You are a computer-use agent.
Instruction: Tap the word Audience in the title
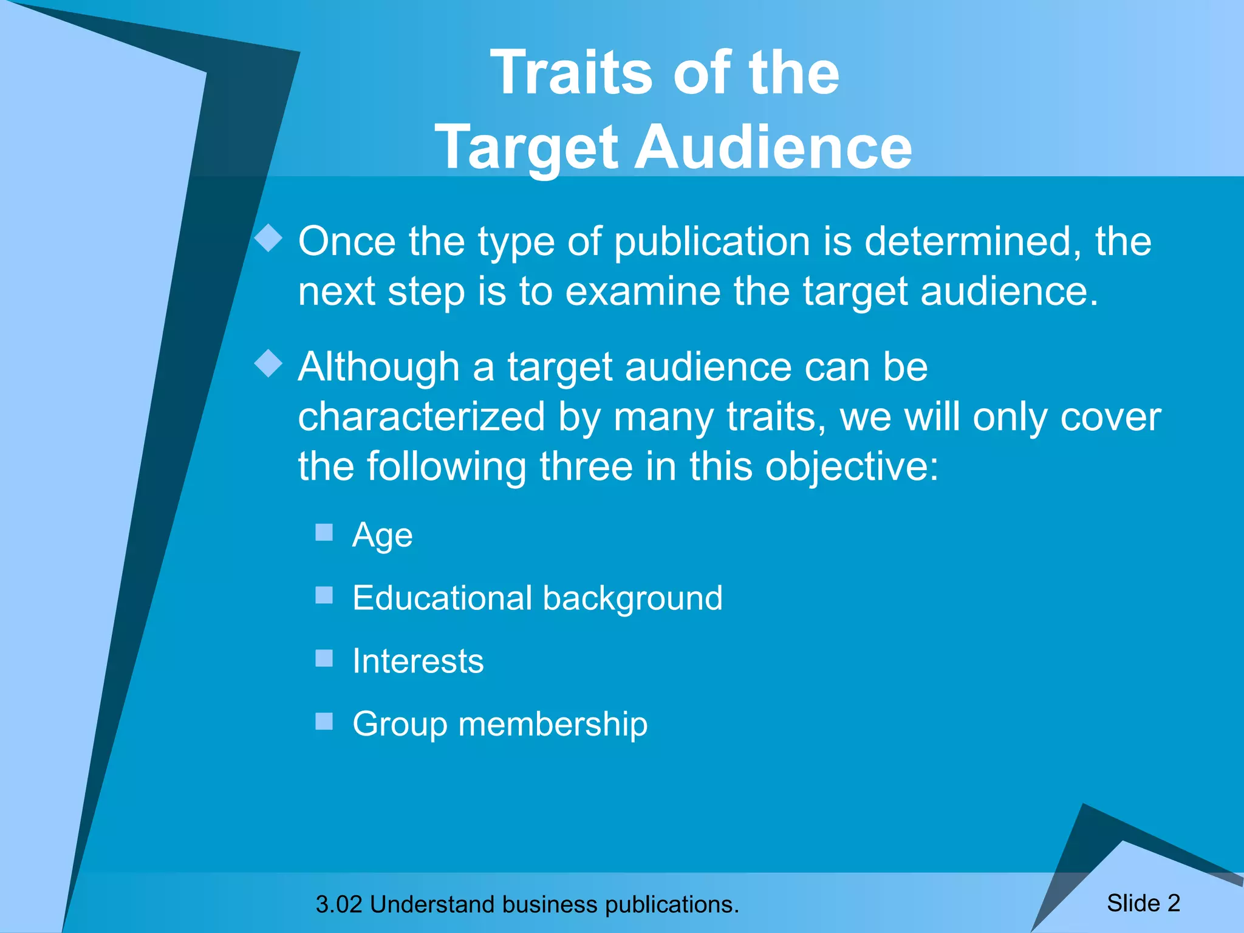pos(773,148)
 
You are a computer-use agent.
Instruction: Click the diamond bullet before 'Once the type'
pos(268,238)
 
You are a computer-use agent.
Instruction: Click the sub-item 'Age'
pos(382,536)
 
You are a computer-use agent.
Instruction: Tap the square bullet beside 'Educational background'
pos(324,595)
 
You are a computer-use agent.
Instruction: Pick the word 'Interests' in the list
pos(418,661)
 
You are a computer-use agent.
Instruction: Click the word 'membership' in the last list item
pos(553,724)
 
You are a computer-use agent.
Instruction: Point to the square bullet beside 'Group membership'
pos(324,721)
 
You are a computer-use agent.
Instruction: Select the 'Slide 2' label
pos(1143,903)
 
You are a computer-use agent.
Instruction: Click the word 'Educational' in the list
pos(442,598)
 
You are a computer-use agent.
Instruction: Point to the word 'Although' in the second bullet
pos(378,367)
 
